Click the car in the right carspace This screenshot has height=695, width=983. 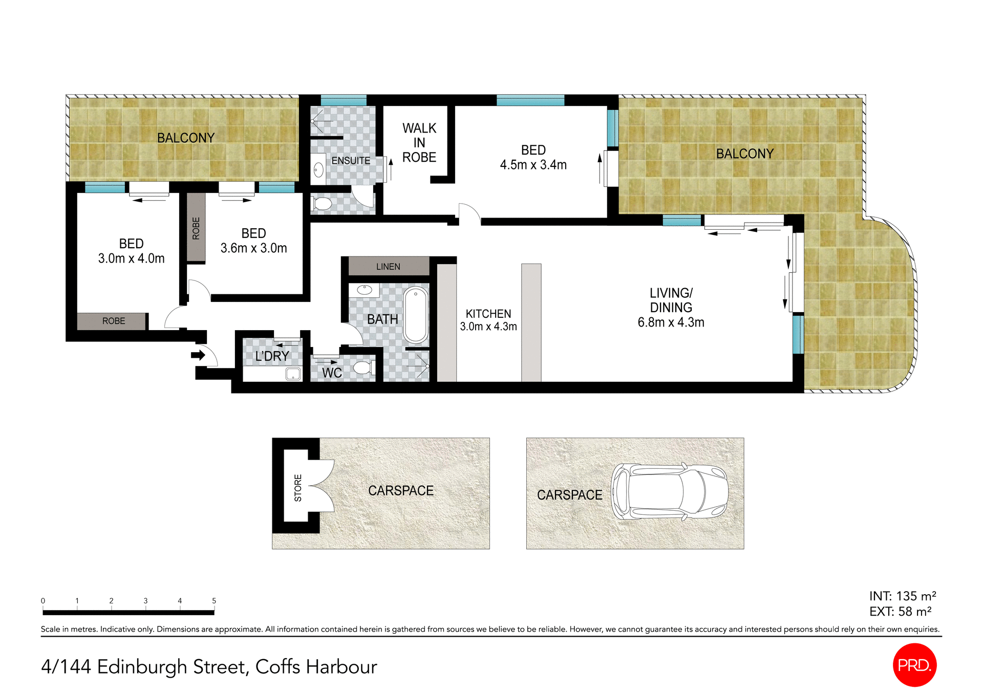(x=669, y=492)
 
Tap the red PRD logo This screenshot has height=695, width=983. (x=914, y=665)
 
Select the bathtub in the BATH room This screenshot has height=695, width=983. (x=416, y=315)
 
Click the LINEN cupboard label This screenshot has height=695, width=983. (x=388, y=267)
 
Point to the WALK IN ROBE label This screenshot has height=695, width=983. (x=419, y=143)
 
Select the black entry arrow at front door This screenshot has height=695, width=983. (x=198, y=355)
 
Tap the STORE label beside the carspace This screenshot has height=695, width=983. (x=298, y=487)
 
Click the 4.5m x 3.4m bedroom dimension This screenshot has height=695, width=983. (x=533, y=165)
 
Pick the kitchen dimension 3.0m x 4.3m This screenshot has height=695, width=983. (x=488, y=327)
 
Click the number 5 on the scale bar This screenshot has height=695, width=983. (x=214, y=601)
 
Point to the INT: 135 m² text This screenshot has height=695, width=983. (x=902, y=596)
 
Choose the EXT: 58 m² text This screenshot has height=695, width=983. (x=900, y=612)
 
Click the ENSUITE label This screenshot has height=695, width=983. (x=351, y=161)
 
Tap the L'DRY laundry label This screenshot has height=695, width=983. (x=272, y=356)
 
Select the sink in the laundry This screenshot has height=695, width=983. (x=293, y=374)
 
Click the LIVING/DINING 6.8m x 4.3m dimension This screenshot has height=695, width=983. (x=671, y=322)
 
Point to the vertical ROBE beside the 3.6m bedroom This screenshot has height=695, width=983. (x=196, y=228)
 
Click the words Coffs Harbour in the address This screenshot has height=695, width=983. (x=316, y=667)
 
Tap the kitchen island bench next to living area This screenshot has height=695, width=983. (x=531, y=322)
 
